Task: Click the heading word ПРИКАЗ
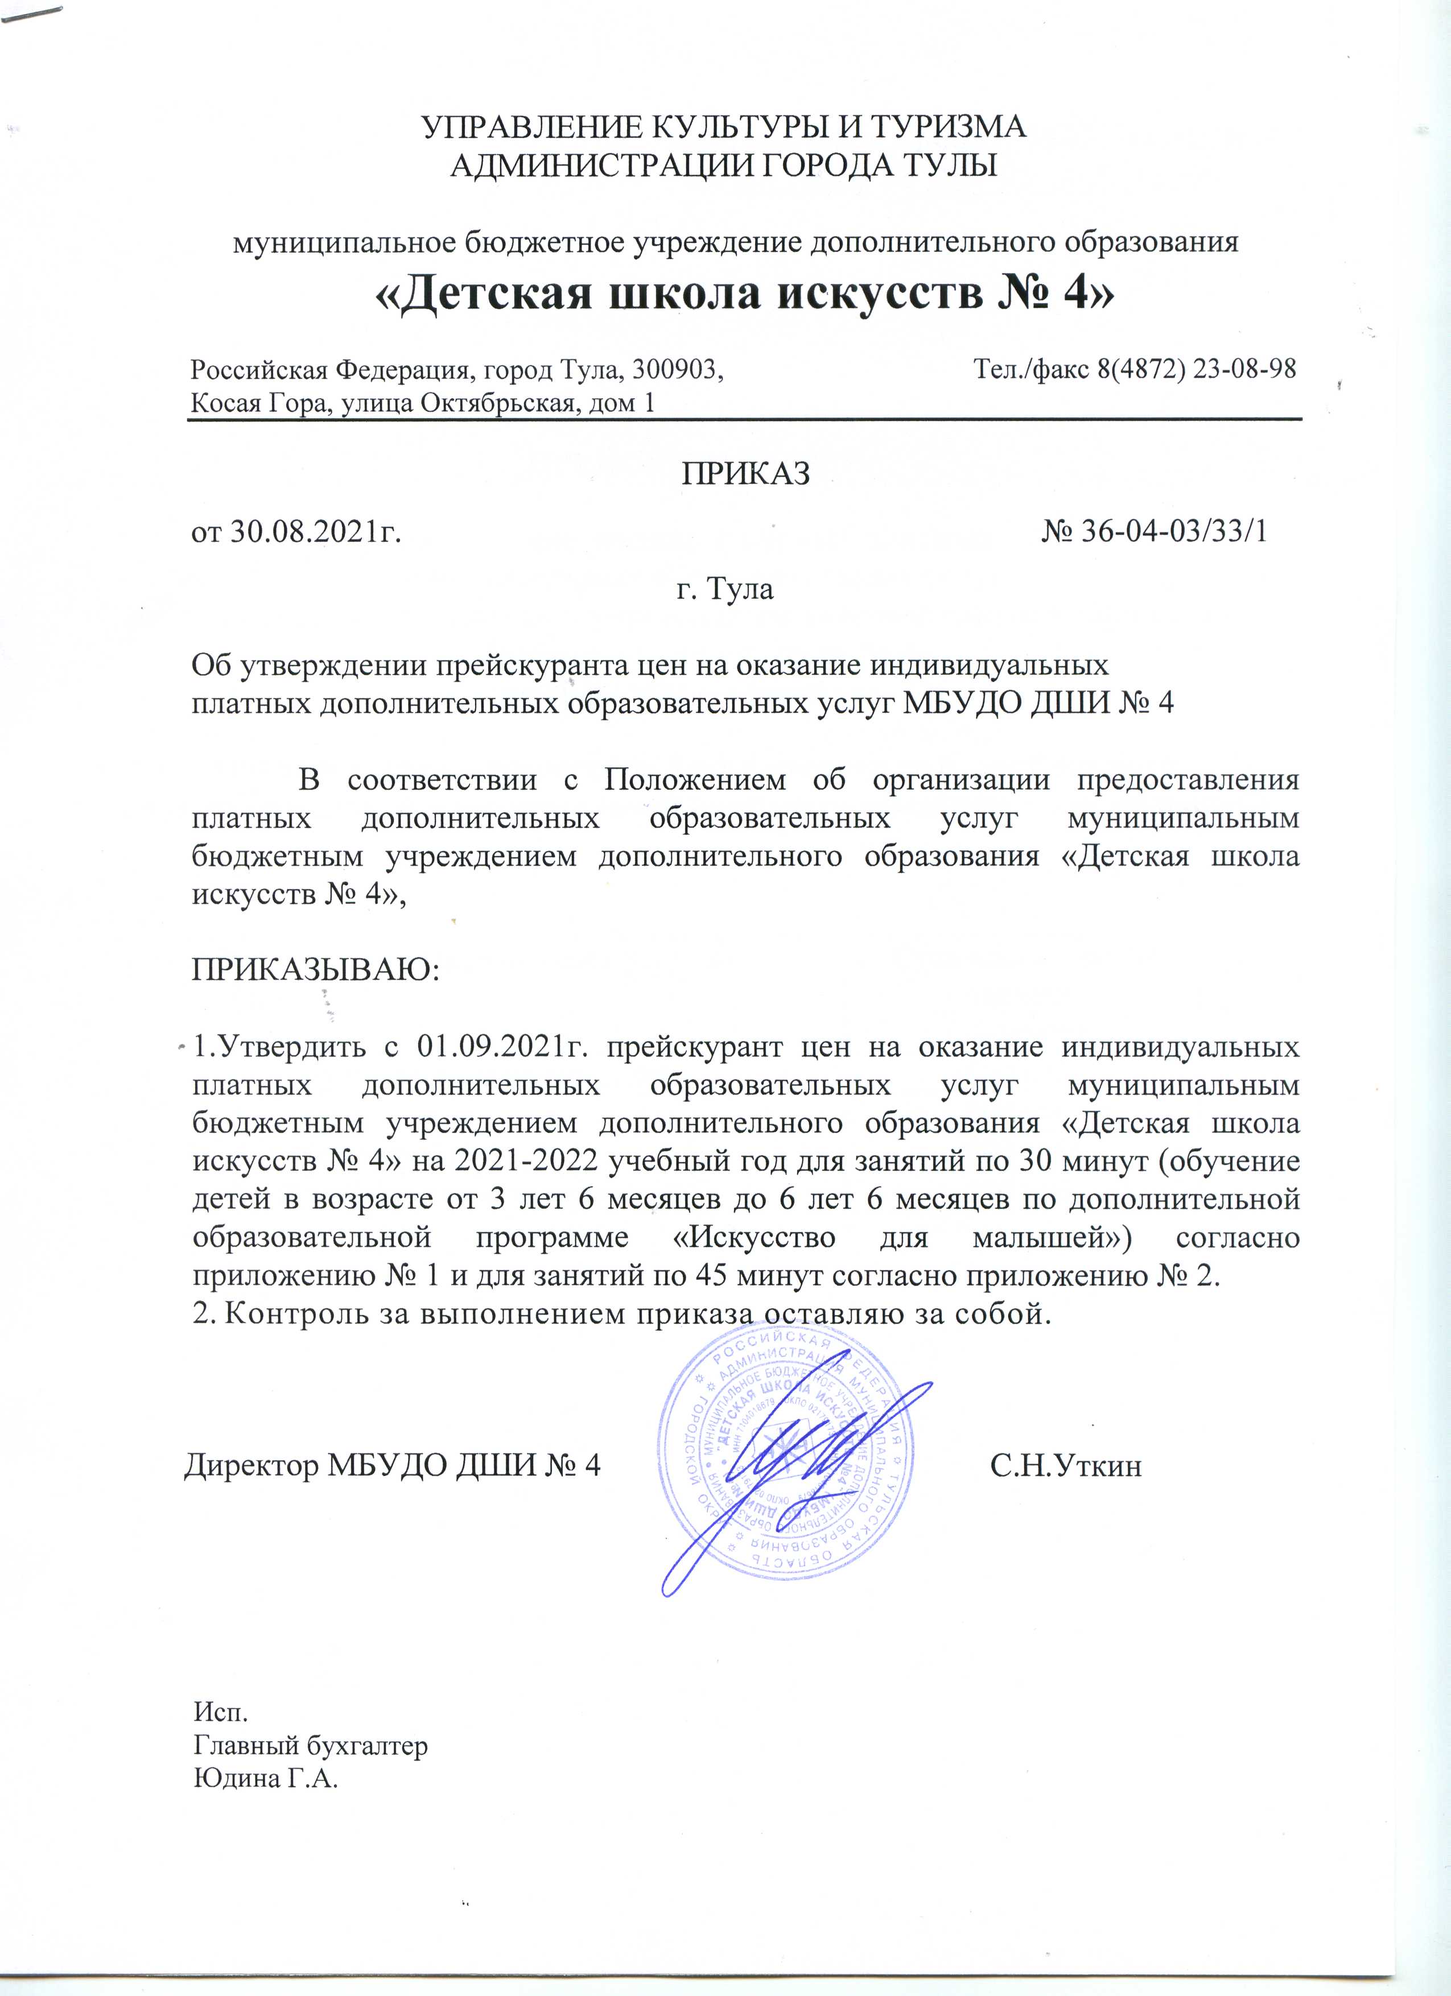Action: tap(746, 473)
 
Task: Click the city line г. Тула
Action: tap(724, 588)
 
